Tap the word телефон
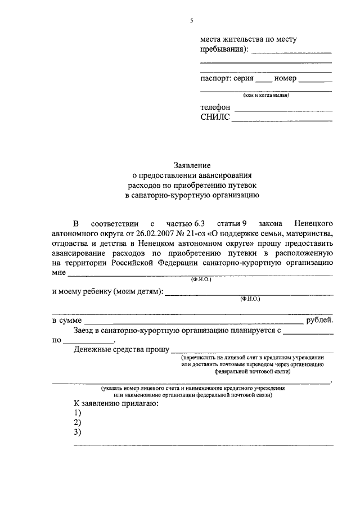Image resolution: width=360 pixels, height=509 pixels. pos(215,107)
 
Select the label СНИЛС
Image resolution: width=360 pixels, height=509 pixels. pos(214,118)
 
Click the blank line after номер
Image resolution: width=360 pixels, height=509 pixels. pos(315,79)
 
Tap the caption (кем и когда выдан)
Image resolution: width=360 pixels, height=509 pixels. pos(266,95)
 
